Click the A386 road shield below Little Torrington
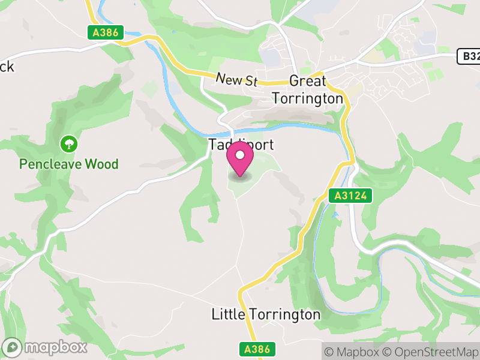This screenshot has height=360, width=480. [259, 349]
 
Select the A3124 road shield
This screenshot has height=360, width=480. [351, 196]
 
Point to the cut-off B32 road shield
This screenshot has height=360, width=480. [468, 56]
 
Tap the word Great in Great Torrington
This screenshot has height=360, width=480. [308, 81]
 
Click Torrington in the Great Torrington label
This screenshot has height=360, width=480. [308, 98]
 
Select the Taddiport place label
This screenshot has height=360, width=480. [241, 145]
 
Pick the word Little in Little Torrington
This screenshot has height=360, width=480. [228, 314]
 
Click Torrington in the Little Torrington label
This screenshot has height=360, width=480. [284, 314]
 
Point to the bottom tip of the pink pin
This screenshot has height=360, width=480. [241, 176]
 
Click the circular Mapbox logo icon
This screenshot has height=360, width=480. [12, 347]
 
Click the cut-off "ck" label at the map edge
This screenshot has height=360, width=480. [6, 67]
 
